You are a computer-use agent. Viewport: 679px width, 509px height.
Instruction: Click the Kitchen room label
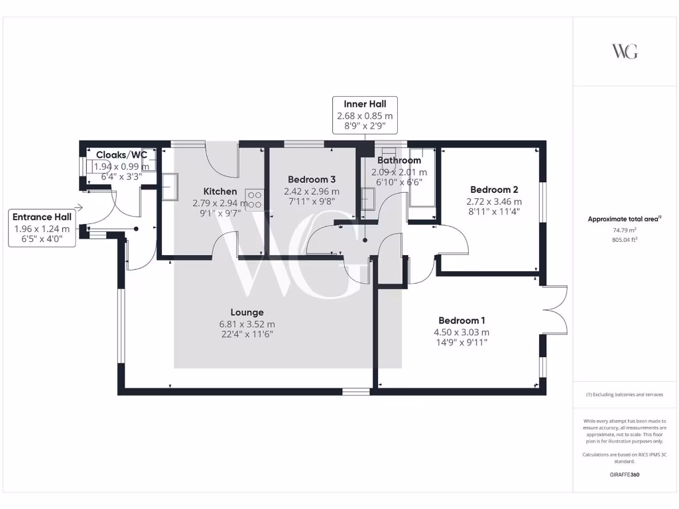(219, 192)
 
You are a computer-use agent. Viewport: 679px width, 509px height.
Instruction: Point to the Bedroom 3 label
(312, 180)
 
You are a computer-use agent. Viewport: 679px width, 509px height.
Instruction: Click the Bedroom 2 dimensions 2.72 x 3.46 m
(495, 201)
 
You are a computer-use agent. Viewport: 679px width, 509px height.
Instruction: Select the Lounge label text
(247, 312)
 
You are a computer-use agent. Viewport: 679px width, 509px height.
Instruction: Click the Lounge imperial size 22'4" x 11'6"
(247, 334)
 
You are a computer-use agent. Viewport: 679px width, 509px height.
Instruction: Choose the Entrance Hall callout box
(42, 229)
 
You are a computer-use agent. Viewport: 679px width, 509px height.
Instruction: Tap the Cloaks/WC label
(121, 155)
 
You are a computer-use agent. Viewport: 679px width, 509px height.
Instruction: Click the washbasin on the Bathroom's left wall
(367, 199)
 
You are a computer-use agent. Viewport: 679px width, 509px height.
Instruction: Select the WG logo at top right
(624, 51)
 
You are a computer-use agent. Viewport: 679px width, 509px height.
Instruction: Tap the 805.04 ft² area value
(623, 241)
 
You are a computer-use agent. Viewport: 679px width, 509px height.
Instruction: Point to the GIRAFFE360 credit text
(624, 475)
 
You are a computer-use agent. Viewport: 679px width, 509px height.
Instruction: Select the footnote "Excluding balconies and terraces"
(624, 394)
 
